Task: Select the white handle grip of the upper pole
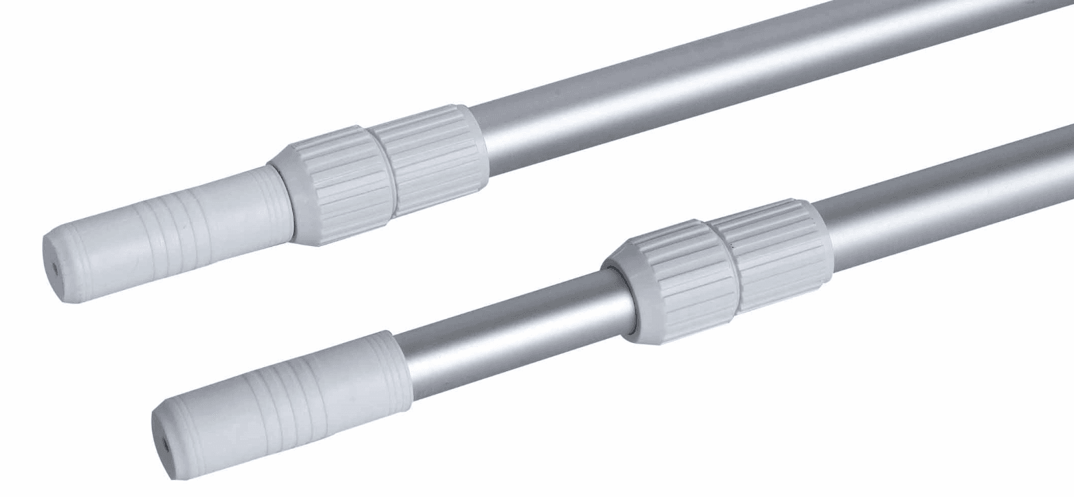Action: coord(172,228)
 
